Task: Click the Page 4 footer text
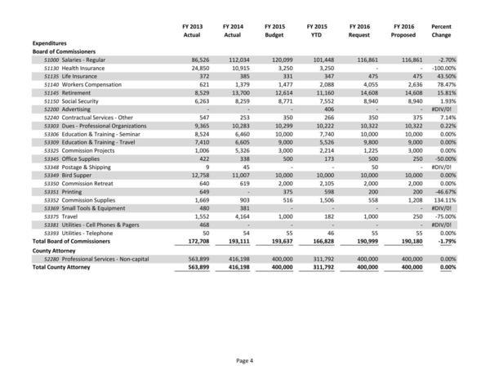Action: pos(245,360)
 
